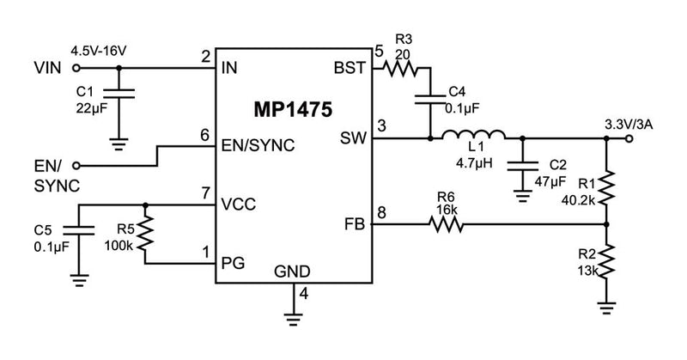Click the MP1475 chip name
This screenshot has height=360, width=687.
(x=293, y=111)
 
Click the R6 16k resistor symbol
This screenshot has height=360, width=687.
(x=446, y=225)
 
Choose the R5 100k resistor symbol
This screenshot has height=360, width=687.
(x=145, y=232)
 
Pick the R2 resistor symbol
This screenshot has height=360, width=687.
(x=606, y=260)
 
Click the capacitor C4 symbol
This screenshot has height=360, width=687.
(x=429, y=99)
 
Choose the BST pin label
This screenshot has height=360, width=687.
(x=352, y=68)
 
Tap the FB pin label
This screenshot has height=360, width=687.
(x=355, y=225)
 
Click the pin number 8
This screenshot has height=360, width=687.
(x=381, y=211)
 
